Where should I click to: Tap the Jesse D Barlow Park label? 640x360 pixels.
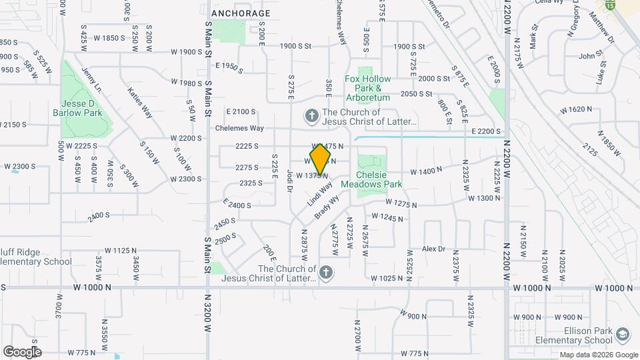[81, 109]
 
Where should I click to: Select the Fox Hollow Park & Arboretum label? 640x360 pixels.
[367, 88]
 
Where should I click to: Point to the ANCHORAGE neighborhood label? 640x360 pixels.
[241, 13]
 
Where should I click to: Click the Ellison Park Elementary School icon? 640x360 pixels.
[623, 334]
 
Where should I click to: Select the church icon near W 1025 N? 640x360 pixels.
[325, 272]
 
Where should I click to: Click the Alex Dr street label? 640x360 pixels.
[433, 249]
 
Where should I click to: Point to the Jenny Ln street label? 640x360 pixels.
[91, 79]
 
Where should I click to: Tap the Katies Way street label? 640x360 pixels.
[139, 103]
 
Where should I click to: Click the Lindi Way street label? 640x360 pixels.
[319, 194]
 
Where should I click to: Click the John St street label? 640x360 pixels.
[591, 56]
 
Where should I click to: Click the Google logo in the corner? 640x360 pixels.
[22, 352]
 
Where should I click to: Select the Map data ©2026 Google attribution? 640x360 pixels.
[598, 355]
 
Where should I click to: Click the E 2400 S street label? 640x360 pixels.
[237, 204]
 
